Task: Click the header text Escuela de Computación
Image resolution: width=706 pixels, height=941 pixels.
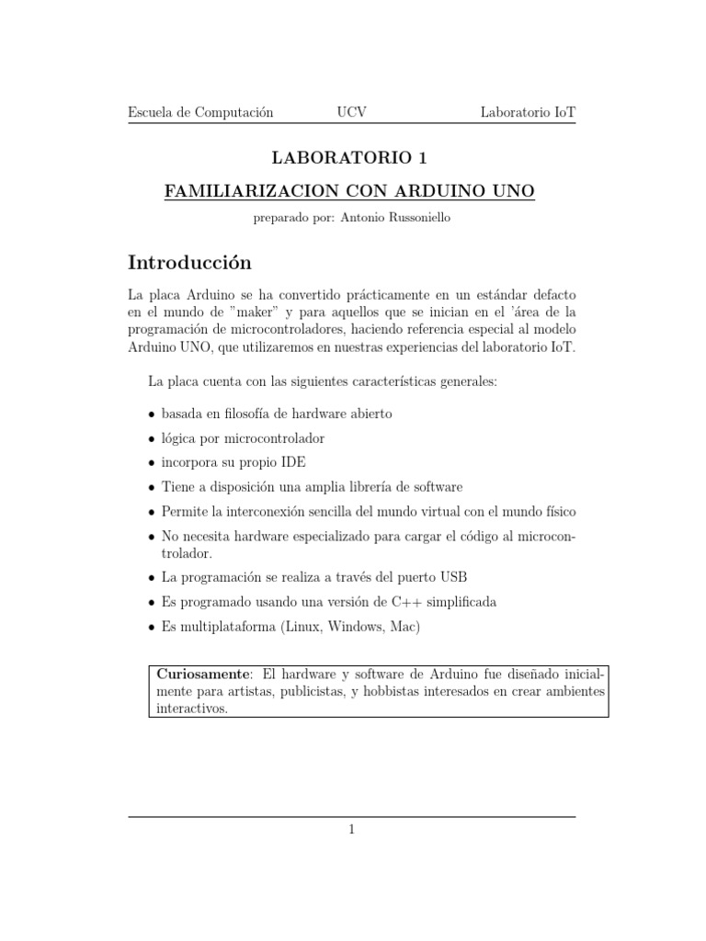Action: click(x=200, y=112)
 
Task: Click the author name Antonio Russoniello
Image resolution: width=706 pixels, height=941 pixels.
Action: click(x=395, y=219)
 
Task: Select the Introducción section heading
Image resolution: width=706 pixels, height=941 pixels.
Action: click(x=189, y=263)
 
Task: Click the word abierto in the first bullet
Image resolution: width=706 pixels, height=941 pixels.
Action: click(x=368, y=414)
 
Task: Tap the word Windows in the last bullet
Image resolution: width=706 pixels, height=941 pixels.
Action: click(x=347, y=626)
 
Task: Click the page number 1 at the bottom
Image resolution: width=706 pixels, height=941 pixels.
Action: click(x=351, y=830)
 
